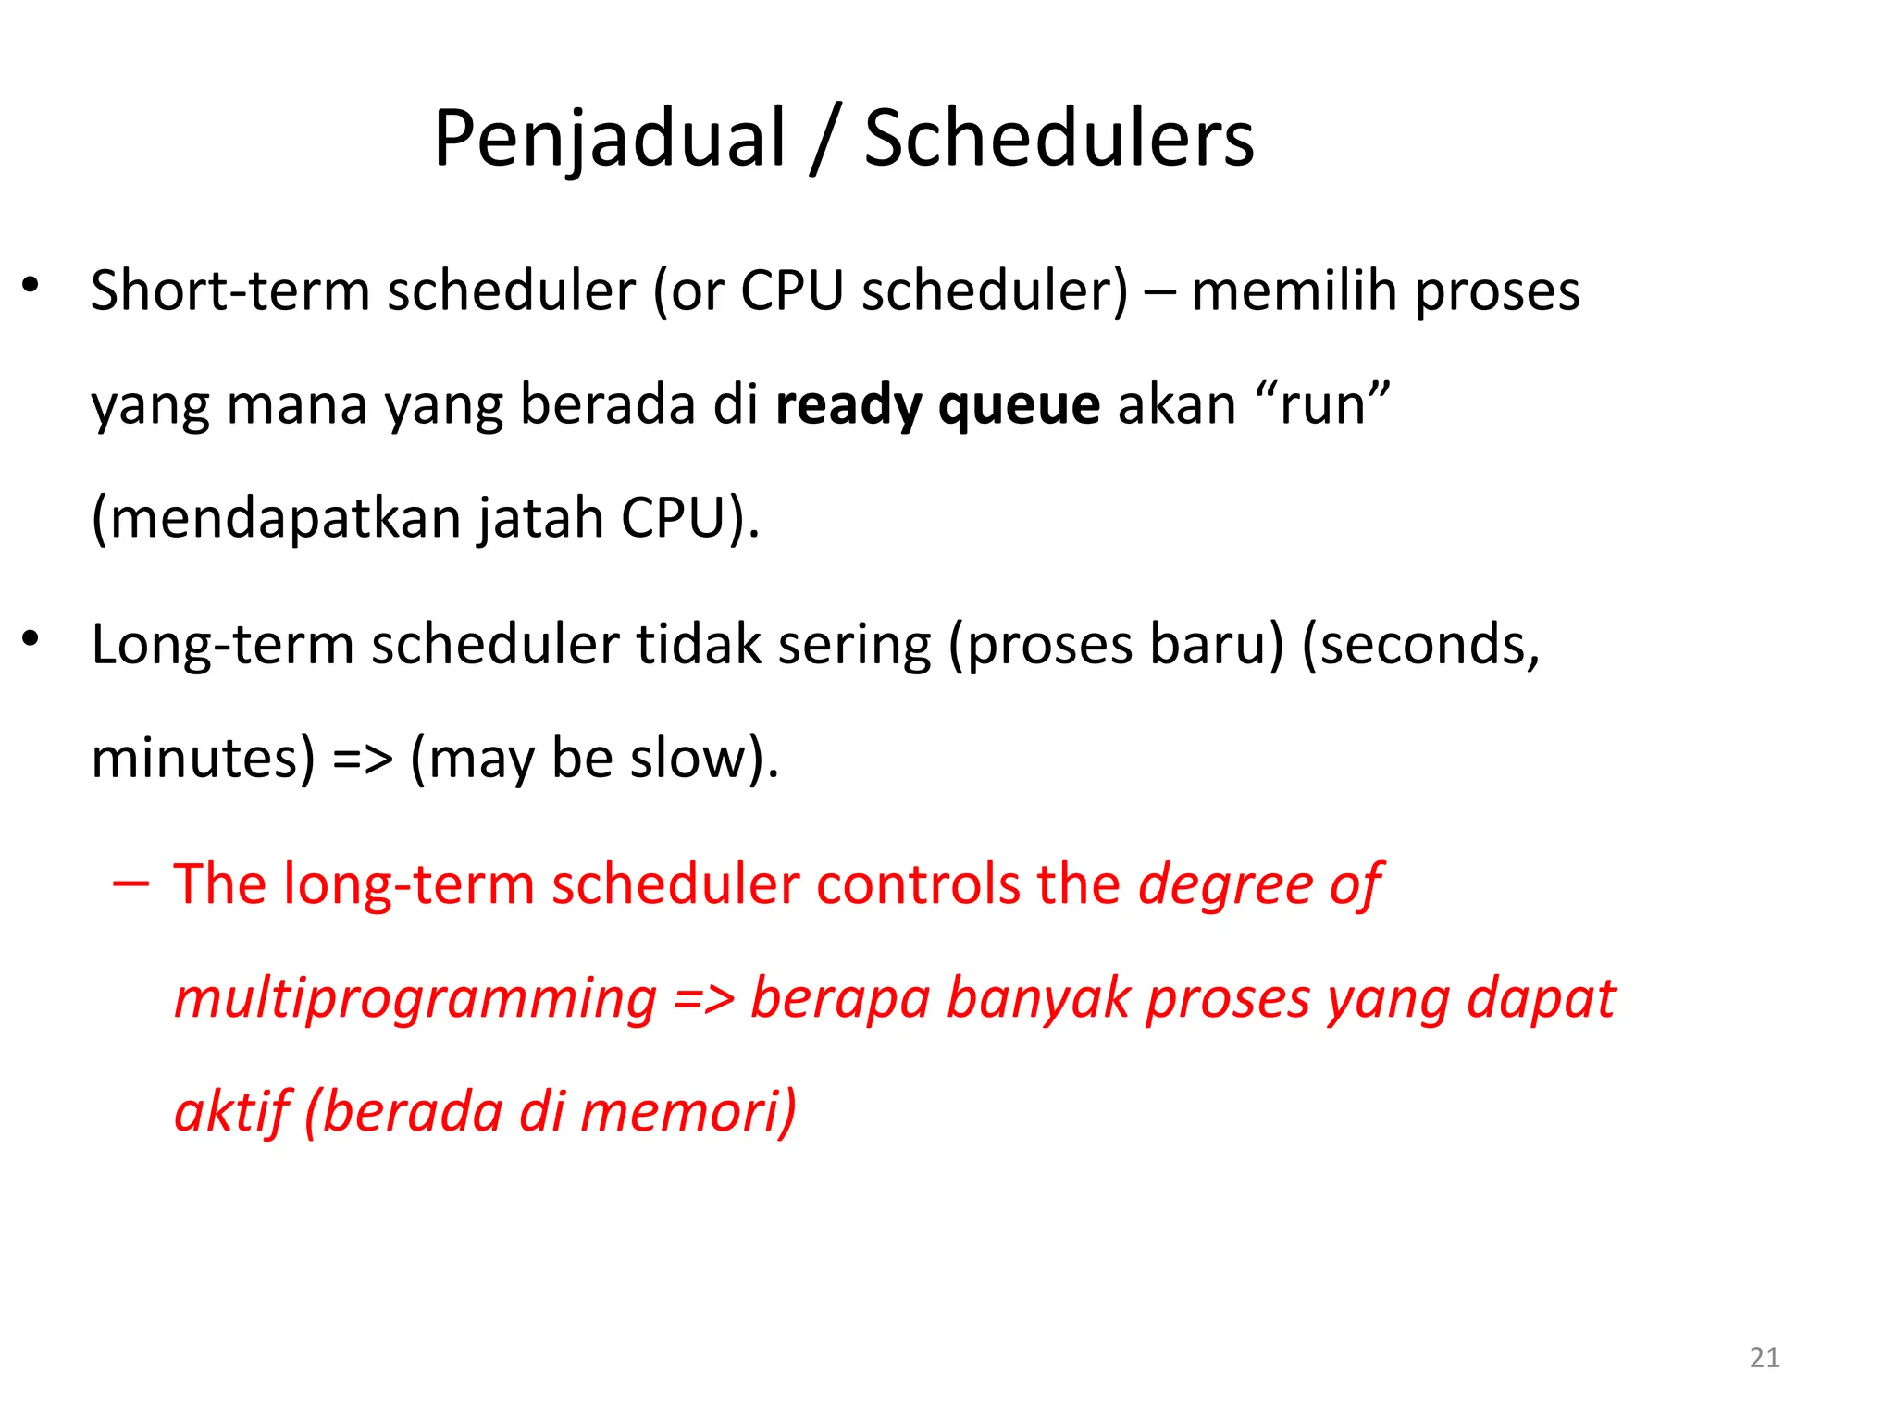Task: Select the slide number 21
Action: point(1765,1357)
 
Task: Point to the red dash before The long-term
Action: point(130,884)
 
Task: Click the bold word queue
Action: point(1019,405)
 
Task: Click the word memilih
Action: point(1294,291)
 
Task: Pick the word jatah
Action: point(540,518)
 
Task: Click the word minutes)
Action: point(204,759)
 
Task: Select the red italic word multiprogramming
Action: point(415,999)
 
